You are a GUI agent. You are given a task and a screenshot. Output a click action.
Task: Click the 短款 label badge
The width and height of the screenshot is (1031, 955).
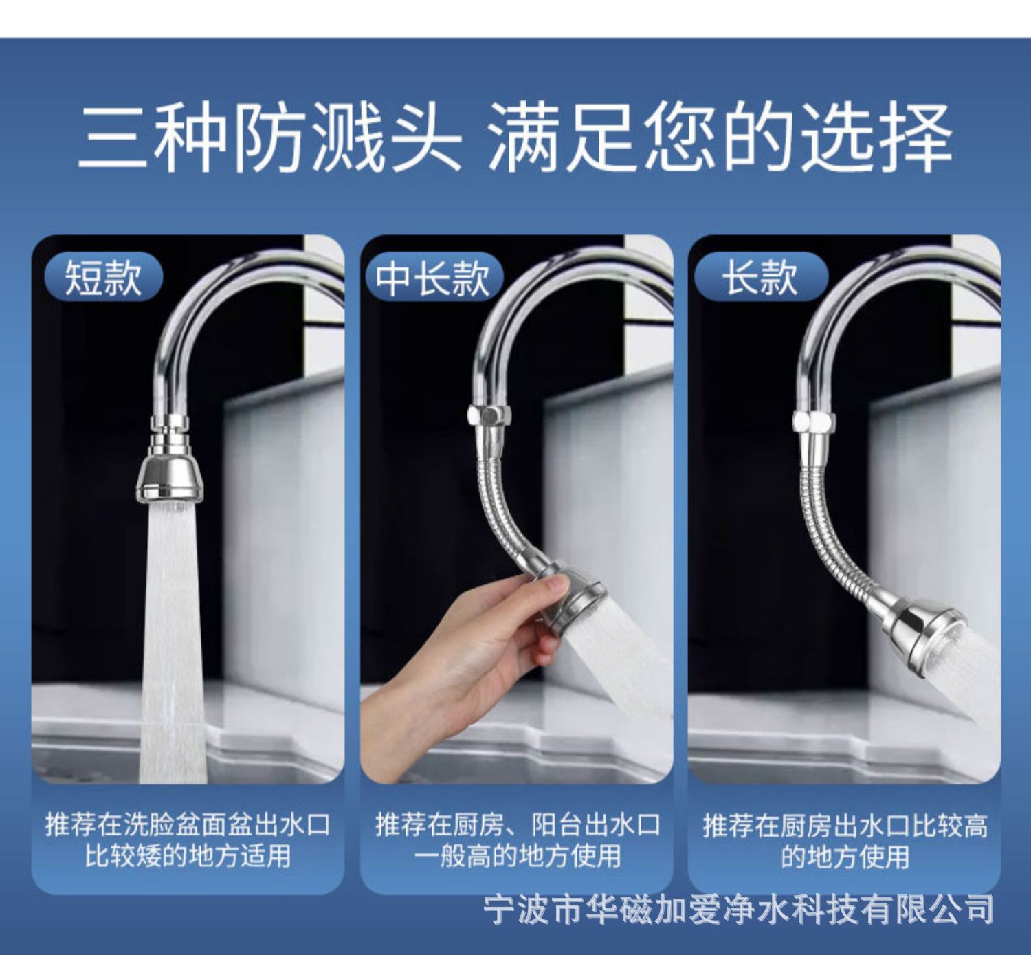coord(103,277)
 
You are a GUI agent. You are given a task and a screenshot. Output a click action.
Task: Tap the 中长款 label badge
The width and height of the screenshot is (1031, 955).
coord(432,277)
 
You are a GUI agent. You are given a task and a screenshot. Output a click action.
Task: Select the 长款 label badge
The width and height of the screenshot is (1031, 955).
coord(760,277)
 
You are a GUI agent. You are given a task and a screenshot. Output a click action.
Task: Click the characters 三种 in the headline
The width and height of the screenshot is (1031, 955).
coord(151,138)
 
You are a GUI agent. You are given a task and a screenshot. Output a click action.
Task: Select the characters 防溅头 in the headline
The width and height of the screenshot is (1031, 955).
coord(347,138)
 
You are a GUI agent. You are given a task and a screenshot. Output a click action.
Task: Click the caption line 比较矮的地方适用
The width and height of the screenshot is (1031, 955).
coord(188,856)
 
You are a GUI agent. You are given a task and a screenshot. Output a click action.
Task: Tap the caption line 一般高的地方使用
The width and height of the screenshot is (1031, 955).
coord(517,856)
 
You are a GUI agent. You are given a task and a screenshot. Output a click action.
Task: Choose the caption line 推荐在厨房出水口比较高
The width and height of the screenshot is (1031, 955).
coord(845,825)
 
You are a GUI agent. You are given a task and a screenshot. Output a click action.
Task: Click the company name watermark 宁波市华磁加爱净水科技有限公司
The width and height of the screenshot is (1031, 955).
coord(739,910)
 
